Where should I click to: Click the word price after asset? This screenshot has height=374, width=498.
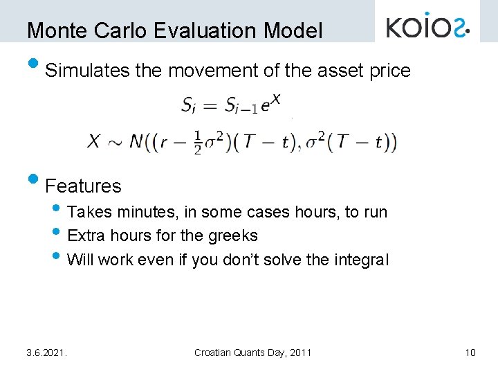388,71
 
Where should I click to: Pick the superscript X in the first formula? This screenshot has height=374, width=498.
275,99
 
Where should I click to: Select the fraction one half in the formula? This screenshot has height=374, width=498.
197,143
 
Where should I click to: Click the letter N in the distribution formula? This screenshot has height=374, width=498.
136,143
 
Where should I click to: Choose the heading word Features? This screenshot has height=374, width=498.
83,186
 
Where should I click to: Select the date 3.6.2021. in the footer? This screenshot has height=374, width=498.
46,353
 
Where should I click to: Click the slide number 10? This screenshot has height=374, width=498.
470,353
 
